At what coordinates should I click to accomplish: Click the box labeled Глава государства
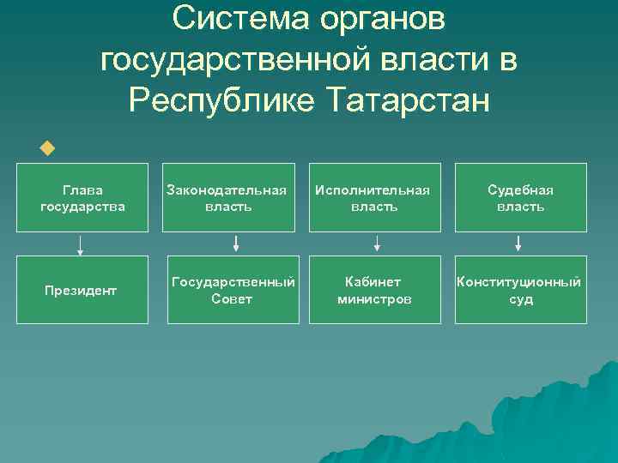[82, 197]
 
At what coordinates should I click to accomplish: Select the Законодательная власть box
[228, 197]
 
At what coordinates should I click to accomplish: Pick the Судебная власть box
[520, 197]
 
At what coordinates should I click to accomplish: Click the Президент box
[82, 291]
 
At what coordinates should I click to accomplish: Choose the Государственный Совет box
[233, 291]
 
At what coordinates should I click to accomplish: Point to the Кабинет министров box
[374, 291]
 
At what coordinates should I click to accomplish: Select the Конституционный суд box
[520, 291]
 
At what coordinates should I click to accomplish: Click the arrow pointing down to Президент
[81, 246]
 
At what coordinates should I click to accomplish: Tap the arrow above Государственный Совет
[235, 246]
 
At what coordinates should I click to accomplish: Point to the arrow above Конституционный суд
[518, 246]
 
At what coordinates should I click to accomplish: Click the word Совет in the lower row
[232, 299]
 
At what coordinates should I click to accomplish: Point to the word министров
[374, 299]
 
